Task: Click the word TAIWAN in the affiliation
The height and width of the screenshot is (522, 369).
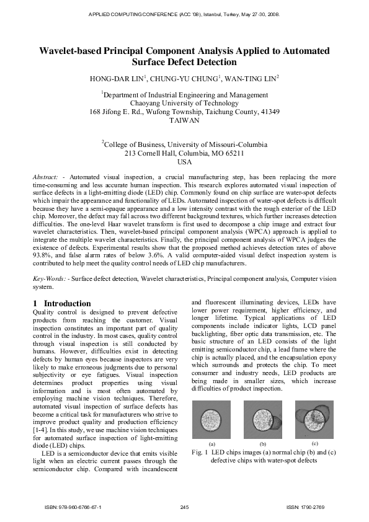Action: click(184, 122)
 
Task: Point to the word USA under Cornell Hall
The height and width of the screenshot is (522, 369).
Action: click(184, 162)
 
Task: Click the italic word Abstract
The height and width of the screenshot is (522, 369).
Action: click(45, 177)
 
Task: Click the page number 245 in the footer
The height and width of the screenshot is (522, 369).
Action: click(184, 507)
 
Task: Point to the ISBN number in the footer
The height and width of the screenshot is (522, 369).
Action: click(73, 507)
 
